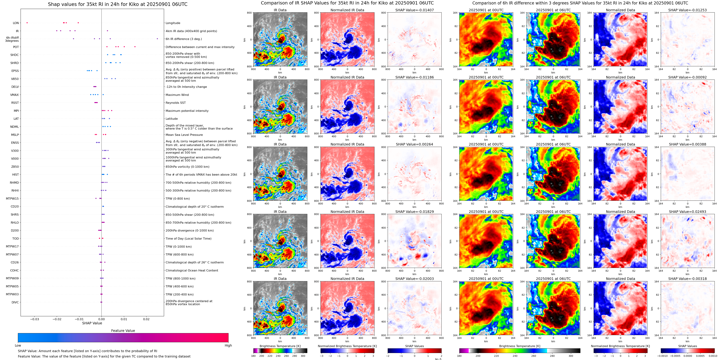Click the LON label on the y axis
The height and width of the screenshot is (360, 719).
point(16,23)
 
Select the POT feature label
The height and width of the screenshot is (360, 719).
point(16,47)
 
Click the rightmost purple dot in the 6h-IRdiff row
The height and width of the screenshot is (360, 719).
point(157,39)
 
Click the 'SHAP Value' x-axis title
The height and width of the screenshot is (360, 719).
point(92,323)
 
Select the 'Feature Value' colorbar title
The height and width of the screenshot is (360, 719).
point(123,331)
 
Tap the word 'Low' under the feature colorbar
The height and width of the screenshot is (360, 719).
point(18,345)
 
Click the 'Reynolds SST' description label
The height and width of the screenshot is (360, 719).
point(175,103)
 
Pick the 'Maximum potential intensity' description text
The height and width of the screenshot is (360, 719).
point(187,111)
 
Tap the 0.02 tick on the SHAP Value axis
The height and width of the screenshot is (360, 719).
point(146,319)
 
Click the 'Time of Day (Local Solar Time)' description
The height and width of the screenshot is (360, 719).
point(188,239)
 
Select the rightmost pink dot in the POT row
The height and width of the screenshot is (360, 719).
point(135,47)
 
